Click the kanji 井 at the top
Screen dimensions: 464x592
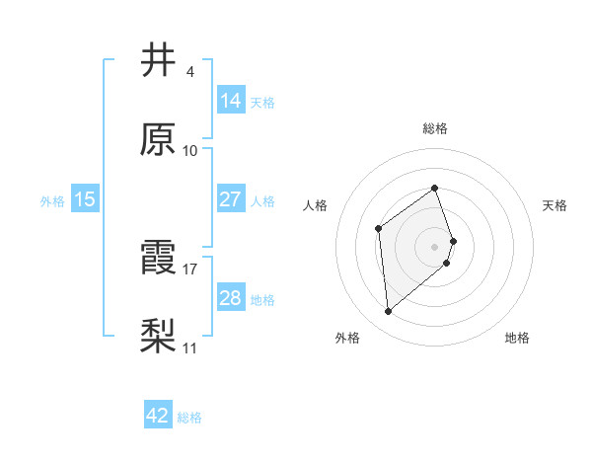click(x=160, y=61)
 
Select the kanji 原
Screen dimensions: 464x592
click(x=160, y=140)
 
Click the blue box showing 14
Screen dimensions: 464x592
click(x=231, y=100)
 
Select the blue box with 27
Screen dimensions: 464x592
click(x=231, y=198)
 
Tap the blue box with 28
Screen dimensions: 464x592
click(x=231, y=298)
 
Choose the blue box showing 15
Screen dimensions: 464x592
click(x=85, y=199)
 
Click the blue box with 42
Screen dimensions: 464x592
click(x=158, y=416)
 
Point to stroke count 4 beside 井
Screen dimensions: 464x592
click(x=190, y=71)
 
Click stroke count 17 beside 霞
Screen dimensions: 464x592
click(x=190, y=269)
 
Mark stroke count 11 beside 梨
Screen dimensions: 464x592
click(x=190, y=348)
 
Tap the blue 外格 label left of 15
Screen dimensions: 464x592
click(x=52, y=200)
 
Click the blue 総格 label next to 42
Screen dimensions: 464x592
click(x=189, y=418)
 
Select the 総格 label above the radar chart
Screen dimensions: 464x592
click(x=435, y=128)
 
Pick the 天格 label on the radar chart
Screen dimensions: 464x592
click(x=555, y=205)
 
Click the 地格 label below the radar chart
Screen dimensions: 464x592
click(x=517, y=339)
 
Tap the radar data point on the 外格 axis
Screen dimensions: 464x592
click(x=389, y=312)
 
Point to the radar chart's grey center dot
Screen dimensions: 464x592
click(x=435, y=246)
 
